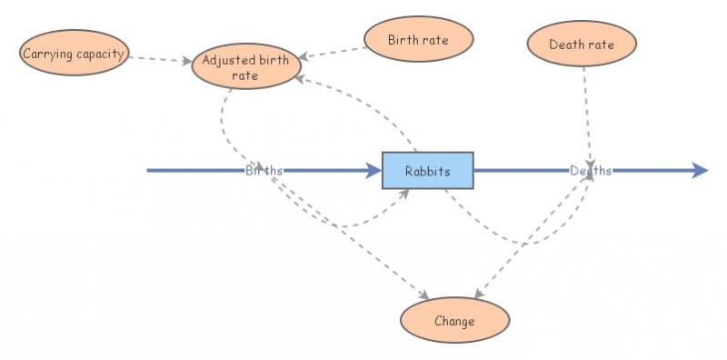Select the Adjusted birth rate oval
(246, 68)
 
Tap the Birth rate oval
(418, 40)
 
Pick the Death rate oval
(582, 44)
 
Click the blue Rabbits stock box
(427, 170)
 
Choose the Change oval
(454, 321)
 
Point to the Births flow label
(264, 170)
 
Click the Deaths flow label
(591, 170)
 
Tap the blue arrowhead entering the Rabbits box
(373, 170)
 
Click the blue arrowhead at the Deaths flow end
(700, 170)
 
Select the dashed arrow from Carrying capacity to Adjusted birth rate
(160, 59)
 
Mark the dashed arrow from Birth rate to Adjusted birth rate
(332, 52)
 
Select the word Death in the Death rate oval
(566, 45)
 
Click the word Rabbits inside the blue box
(427, 171)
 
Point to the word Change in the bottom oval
(454, 322)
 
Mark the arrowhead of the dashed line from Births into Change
(424, 296)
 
